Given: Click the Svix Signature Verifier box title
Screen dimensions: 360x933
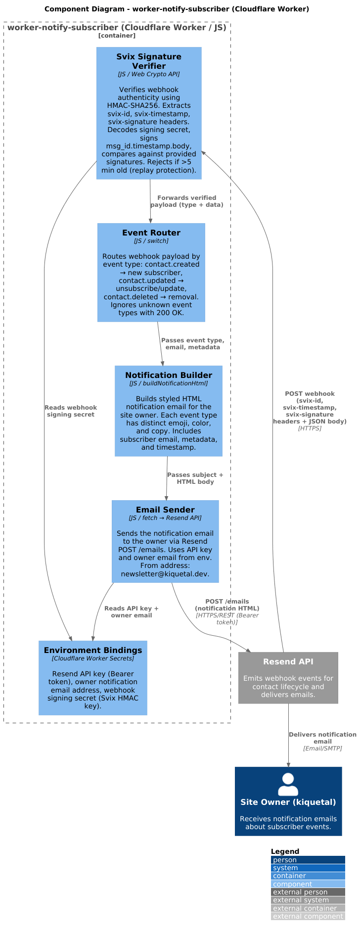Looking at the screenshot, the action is pyautogui.click(x=149, y=61).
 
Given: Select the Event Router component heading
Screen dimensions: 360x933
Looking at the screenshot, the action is pyautogui.click(x=151, y=233).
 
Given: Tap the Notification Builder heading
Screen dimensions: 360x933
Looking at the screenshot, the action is pyautogui.click(x=169, y=375).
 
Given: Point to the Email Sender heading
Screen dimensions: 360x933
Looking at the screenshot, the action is pyautogui.click(x=165, y=510).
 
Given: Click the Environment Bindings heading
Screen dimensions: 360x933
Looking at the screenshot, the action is pyautogui.click(x=93, y=650).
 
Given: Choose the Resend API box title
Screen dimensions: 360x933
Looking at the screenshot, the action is pyautogui.click(x=288, y=661).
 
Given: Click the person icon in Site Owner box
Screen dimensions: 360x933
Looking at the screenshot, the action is pyautogui.click(x=288, y=784).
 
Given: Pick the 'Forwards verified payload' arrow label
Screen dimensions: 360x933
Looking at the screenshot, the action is pyautogui.click(x=187, y=201).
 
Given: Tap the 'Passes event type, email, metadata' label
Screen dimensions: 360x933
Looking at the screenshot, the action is pyautogui.click(x=193, y=344).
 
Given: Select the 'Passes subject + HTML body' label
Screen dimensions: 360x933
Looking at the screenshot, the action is pyautogui.click(x=195, y=478).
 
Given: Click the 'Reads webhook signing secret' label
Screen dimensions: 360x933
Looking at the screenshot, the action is pyautogui.click(x=71, y=411).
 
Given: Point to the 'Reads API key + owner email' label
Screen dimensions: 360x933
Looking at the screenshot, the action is pyautogui.click(x=132, y=612).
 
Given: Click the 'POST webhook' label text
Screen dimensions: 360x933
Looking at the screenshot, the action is pyautogui.click(x=310, y=394).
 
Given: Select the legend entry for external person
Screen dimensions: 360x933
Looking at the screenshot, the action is pyautogui.click(x=308, y=892).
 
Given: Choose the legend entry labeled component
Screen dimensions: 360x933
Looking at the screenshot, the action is pyautogui.click(x=308, y=884).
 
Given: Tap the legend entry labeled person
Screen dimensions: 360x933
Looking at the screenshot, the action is pyautogui.click(x=308, y=860).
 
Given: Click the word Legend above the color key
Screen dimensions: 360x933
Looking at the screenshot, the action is pyautogui.click(x=285, y=851).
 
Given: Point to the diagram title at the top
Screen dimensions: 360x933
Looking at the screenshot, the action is pyautogui.click(x=177, y=9).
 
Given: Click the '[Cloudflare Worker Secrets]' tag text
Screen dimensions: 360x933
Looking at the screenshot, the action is pyautogui.click(x=93, y=658).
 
